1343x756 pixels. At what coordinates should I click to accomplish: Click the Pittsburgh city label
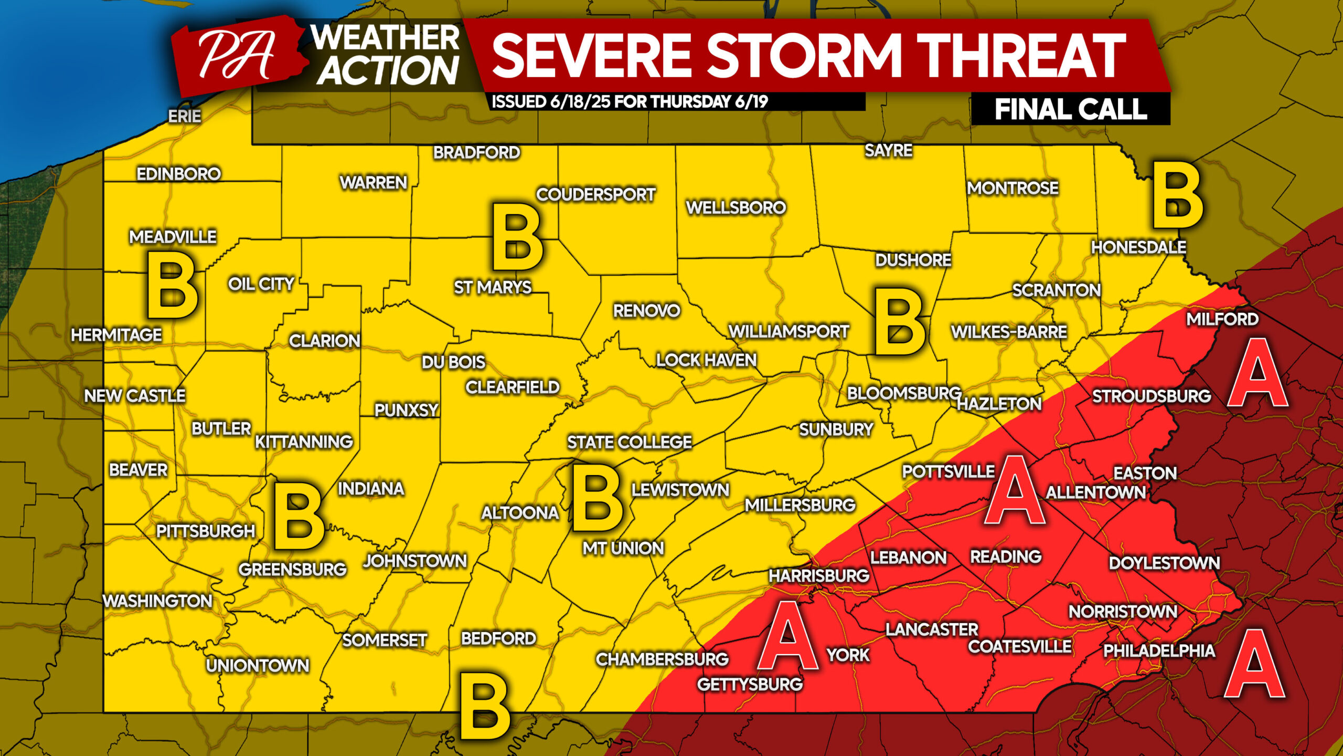click(x=205, y=531)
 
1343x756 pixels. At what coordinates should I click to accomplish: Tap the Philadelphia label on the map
click(x=1159, y=650)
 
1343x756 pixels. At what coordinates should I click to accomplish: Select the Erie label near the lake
click(x=184, y=116)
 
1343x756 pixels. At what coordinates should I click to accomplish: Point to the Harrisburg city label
click(x=818, y=575)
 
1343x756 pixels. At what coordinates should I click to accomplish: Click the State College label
click(x=629, y=442)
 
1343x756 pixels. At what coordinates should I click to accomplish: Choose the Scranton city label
click(x=1056, y=290)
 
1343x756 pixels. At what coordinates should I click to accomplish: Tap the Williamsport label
click(x=788, y=332)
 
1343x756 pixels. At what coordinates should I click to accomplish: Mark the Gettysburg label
click(x=749, y=684)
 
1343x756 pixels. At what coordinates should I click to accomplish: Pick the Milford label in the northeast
click(x=1222, y=319)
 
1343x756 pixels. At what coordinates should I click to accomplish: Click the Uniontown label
click(x=257, y=665)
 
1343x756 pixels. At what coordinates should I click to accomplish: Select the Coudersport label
click(x=595, y=194)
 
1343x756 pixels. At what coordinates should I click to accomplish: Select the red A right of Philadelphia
click(x=1254, y=664)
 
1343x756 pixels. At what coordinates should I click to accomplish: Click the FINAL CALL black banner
click(x=1070, y=110)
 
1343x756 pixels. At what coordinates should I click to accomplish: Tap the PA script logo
click(x=237, y=55)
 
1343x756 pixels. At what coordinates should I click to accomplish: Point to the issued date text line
click(x=630, y=101)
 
